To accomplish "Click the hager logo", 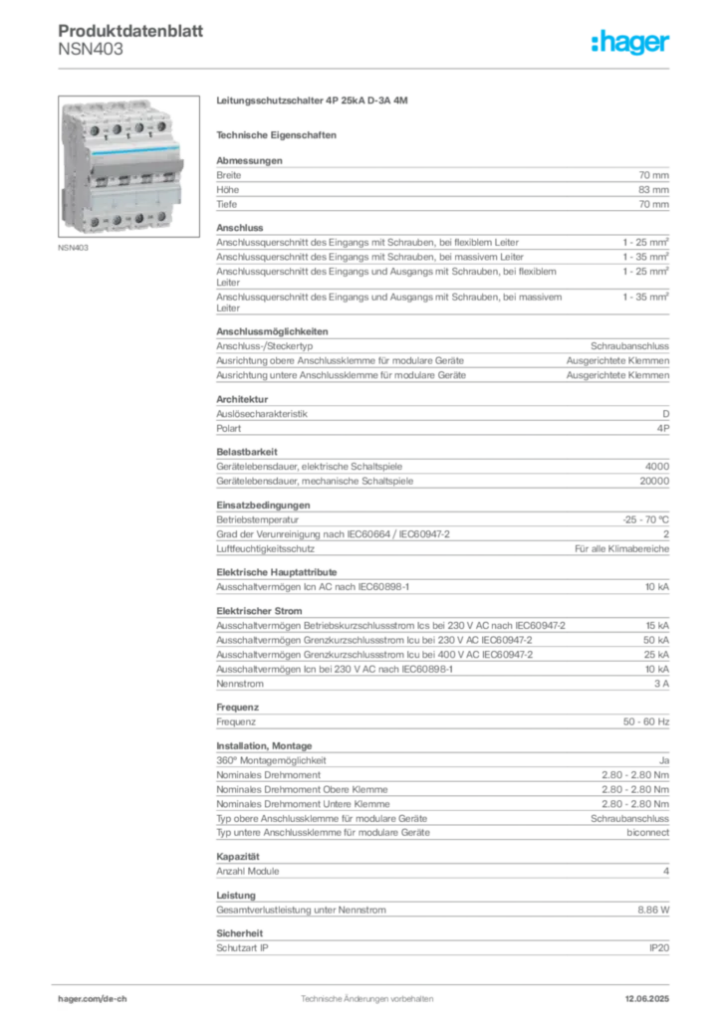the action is tap(630, 42).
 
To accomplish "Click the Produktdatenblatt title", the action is tap(130, 31).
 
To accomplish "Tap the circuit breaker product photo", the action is tap(128, 166).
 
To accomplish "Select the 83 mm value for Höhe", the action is tap(653, 190).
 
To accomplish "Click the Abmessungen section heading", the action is tap(249, 160).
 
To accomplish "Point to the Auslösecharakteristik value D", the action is tap(666, 414).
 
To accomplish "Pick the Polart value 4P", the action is tap(663, 428).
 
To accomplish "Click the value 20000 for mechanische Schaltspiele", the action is tap(654, 481).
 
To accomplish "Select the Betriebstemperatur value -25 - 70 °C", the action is tap(645, 519).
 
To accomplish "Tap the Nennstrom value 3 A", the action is tap(662, 684).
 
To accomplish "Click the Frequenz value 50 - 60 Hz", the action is tap(645, 722).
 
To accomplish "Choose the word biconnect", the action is tap(647, 833).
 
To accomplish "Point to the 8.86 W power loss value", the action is tap(653, 910).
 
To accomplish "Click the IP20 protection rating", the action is tap(659, 948).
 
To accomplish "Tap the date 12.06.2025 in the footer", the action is tap(647, 999).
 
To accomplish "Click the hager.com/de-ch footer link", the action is tap(93, 999).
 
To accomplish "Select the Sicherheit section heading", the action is tap(239, 933).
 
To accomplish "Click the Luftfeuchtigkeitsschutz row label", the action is tap(265, 549).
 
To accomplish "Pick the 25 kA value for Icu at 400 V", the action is tap(656, 655).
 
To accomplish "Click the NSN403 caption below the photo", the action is tap(73, 248).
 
